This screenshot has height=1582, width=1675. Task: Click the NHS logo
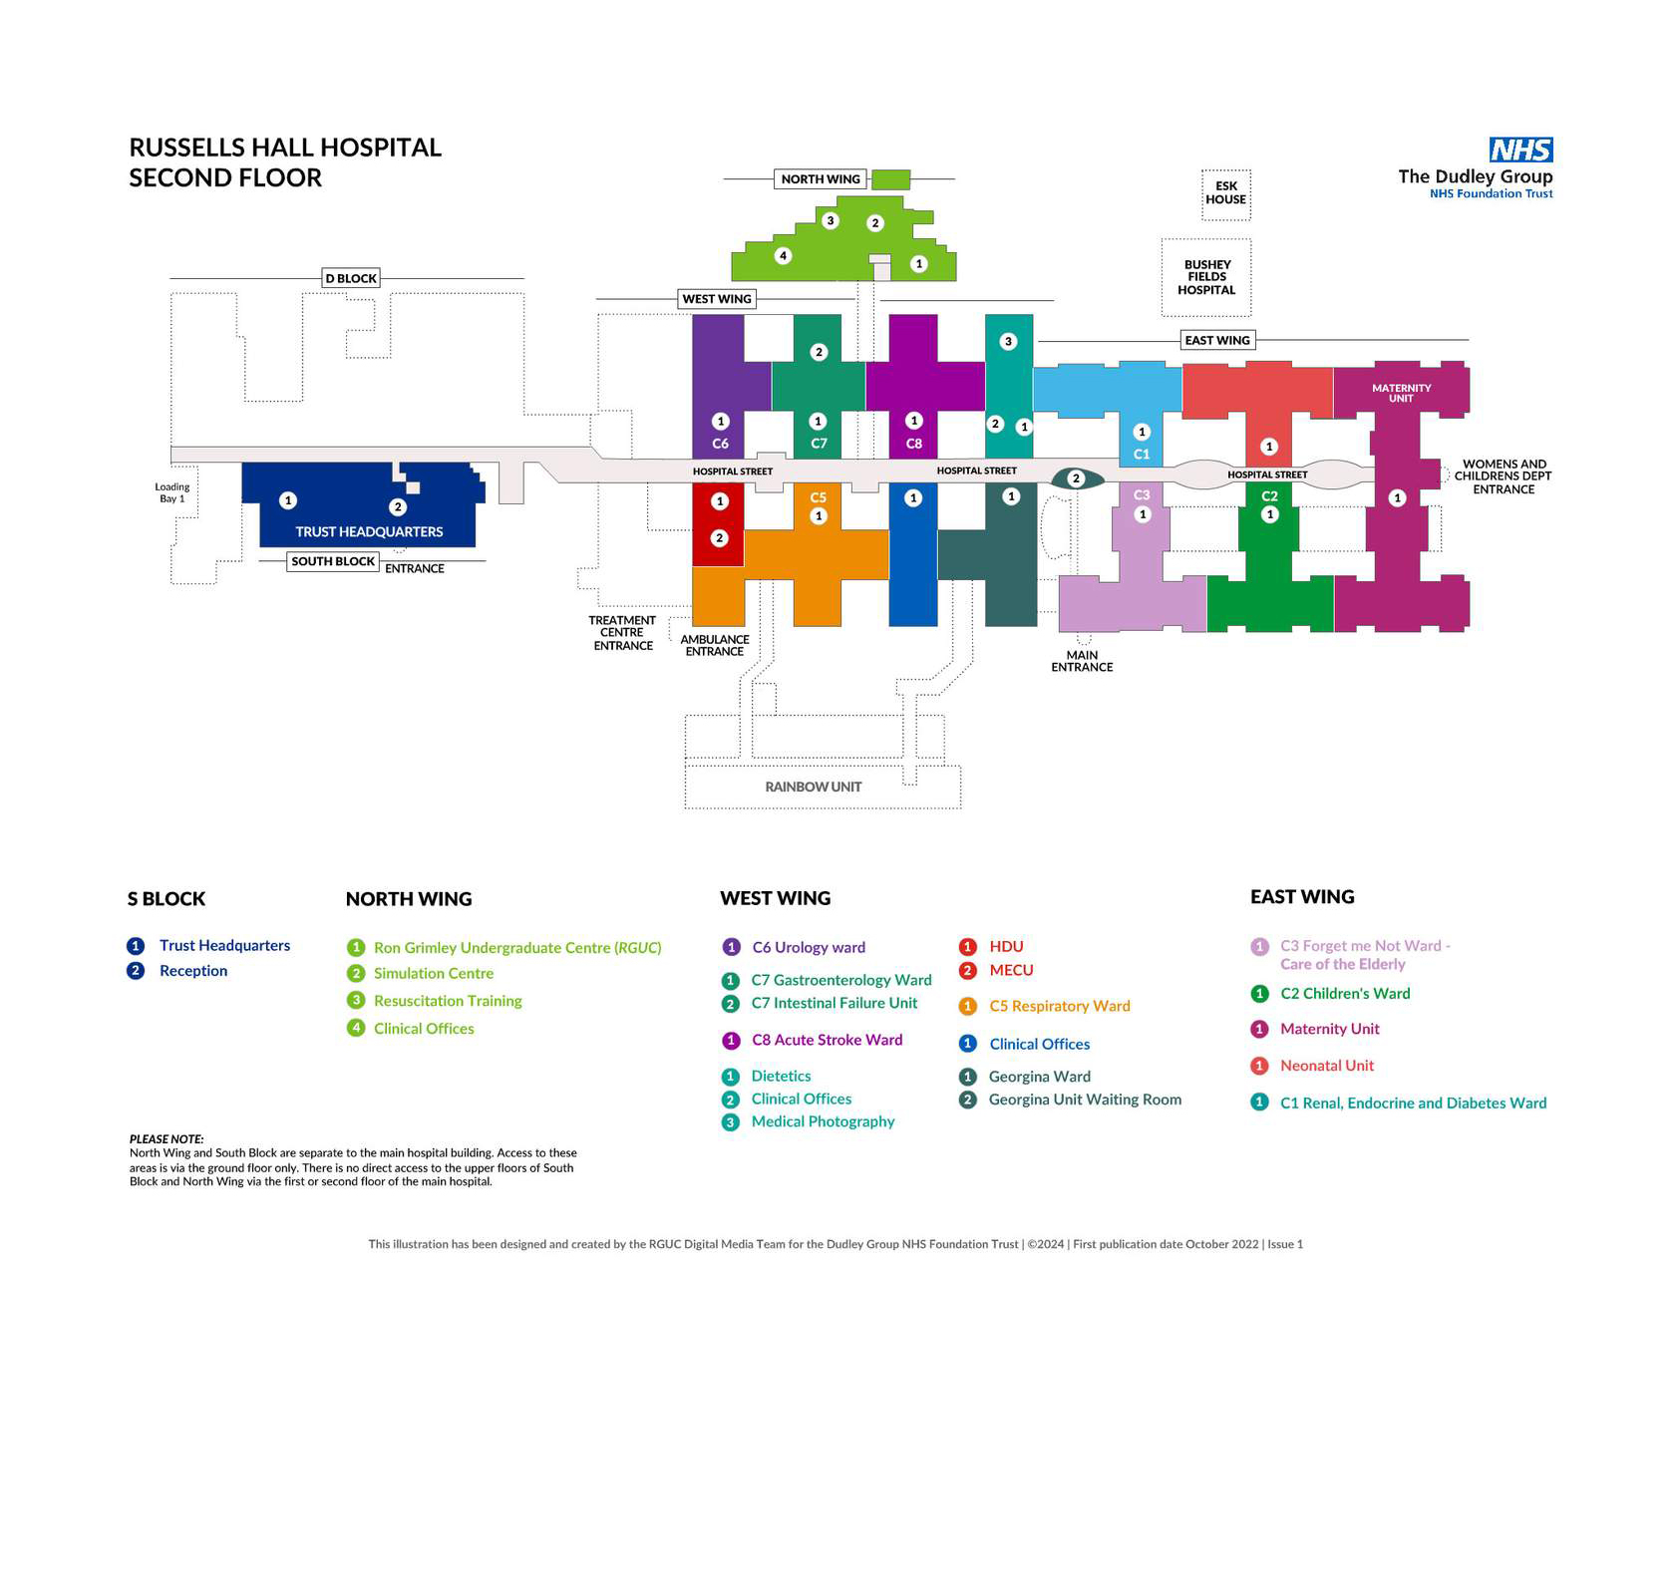point(1520,150)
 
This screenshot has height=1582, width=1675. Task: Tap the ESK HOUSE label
point(1225,192)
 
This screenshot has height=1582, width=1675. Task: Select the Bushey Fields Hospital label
point(1206,277)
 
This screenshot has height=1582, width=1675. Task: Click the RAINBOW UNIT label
point(814,787)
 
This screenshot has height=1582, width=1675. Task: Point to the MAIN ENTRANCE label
point(1082,661)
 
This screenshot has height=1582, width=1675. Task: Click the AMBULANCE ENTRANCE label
point(715,645)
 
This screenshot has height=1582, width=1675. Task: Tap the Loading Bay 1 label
point(171,492)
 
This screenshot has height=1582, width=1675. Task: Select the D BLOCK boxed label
point(351,278)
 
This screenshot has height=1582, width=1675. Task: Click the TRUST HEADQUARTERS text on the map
point(369,531)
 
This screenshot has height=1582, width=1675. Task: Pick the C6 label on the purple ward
point(720,444)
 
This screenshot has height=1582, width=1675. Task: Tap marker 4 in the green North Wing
point(784,256)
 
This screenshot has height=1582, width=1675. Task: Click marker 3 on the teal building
point(1008,341)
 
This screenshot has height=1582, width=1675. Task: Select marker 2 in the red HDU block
point(720,538)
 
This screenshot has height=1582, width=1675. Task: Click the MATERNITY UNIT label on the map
point(1401,393)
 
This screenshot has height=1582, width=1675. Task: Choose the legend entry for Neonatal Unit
point(1326,1066)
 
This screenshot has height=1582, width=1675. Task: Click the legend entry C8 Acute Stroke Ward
point(827,1040)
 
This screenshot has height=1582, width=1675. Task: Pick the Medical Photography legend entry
point(823,1121)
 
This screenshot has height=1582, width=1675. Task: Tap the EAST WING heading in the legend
point(1302,896)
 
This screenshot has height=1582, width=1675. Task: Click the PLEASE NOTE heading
point(167,1138)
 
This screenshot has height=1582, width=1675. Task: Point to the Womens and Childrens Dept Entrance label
point(1503,476)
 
